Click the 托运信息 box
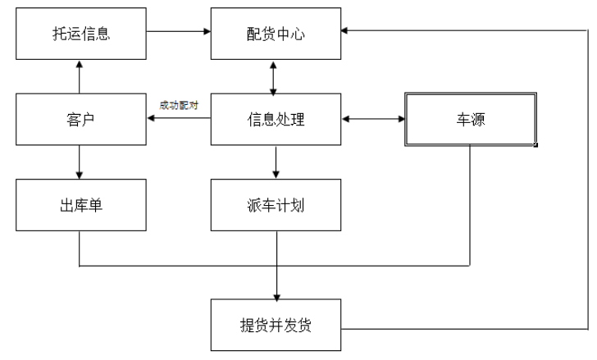pyautogui.click(x=79, y=34)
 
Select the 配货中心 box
pyautogui.click(x=275, y=34)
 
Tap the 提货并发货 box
pyautogui.click(x=275, y=326)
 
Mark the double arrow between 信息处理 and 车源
pyautogui.click(x=372, y=120)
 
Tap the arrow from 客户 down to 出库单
pyautogui.click(x=79, y=162)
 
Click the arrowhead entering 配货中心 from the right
pyautogui.click(x=345, y=30)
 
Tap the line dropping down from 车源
pyautogui.click(x=470, y=205)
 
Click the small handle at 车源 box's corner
pyautogui.click(x=535, y=145)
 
